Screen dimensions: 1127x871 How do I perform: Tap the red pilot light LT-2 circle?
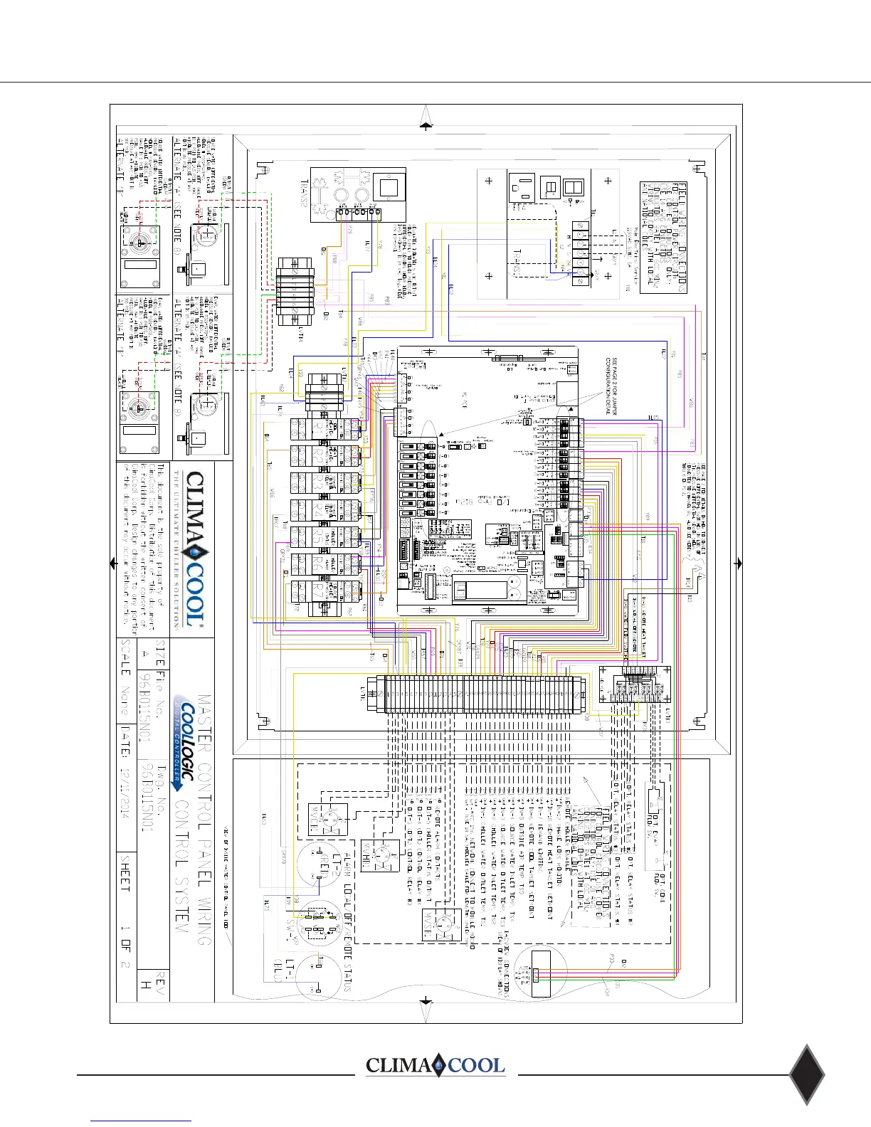tap(319, 864)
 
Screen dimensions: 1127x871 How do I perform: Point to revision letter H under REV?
tap(145, 986)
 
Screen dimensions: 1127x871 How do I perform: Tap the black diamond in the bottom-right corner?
tap(807, 1075)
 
